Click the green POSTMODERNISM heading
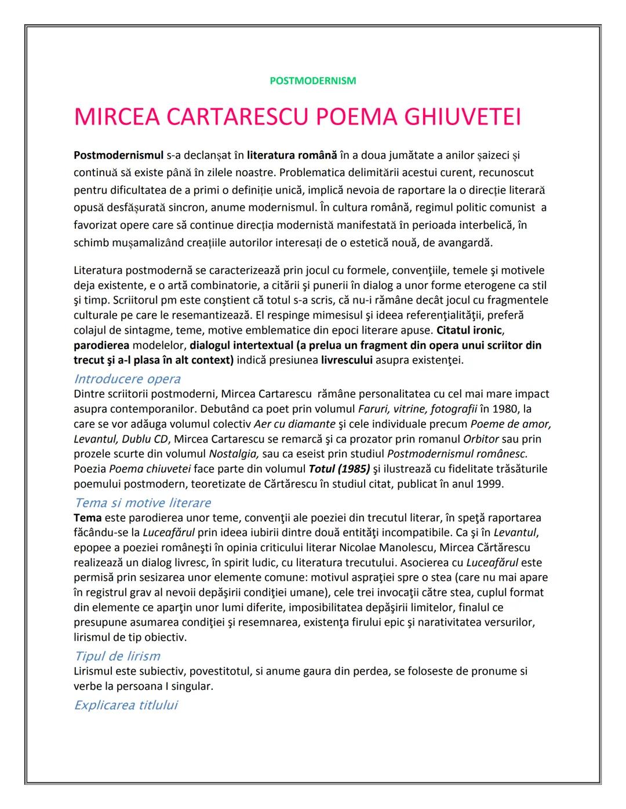(313, 81)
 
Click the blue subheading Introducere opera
(127, 379)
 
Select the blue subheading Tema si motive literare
(142, 503)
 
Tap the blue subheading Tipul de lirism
(117, 656)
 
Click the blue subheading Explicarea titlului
(126, 705)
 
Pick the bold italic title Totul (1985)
(339, 468)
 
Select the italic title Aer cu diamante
(294, 424)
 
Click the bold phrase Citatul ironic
(470, 331)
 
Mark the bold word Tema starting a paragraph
(88, 518)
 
